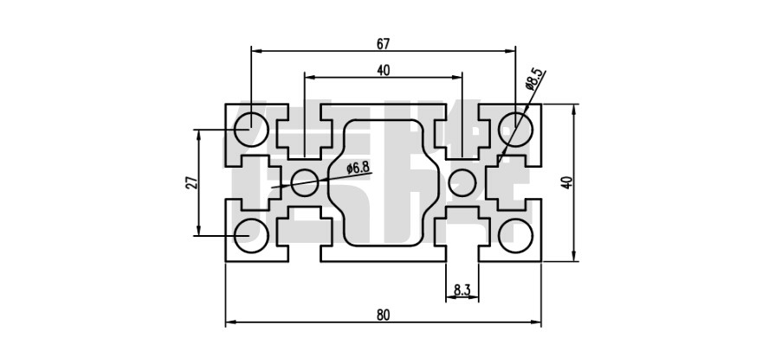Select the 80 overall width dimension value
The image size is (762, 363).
click(382, 315)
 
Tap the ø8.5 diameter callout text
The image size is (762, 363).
click(535, 80)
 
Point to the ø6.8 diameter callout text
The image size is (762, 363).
click(358, 167)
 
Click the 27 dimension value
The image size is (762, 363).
click(191, 181)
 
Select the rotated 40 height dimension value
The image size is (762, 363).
click(566, 182)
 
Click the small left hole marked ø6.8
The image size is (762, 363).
click(303, 181)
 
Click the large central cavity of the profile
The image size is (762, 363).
click(384, 181)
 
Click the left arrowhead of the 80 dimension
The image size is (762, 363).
click(229, 324)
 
